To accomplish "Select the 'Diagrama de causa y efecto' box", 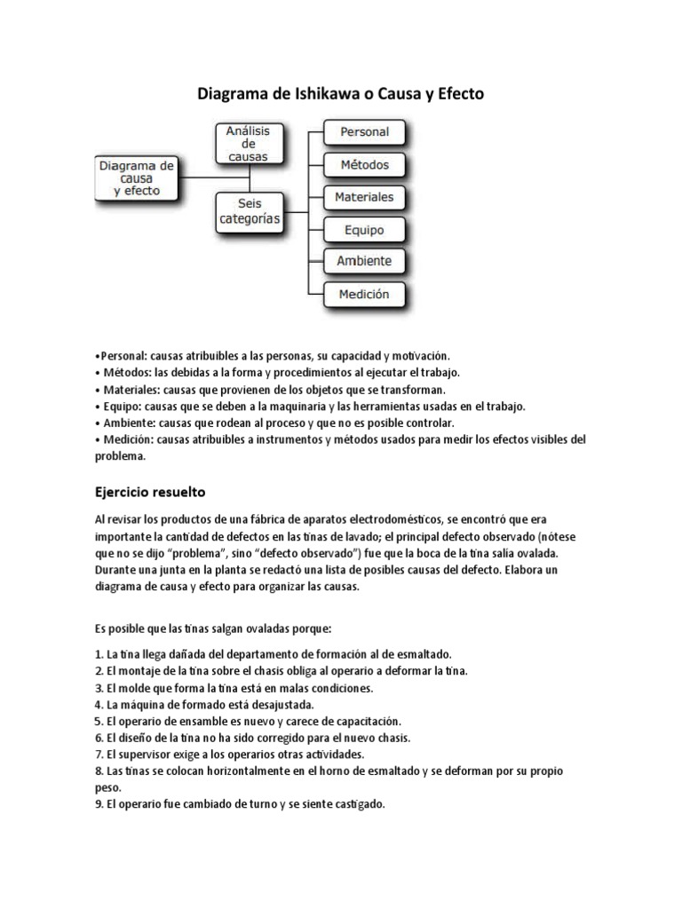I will (x=137, y=178).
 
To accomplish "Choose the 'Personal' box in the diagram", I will (x=364, y=132).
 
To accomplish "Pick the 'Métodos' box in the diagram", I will (x=364, y=164).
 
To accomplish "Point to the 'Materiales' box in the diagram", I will (x=364, y=196).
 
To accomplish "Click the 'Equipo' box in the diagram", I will (x=364, y=229).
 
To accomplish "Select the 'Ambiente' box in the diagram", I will (x=364, y=261).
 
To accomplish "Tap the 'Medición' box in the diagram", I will (x=364, y=294).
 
